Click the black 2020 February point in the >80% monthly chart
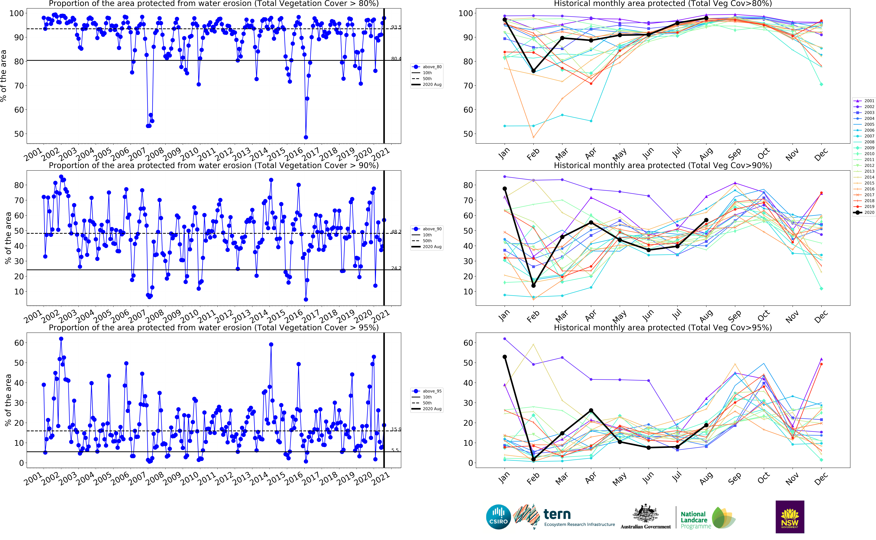click(x=533, y=71)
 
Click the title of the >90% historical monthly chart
click(x=663, y=165)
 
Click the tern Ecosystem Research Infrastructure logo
click(x=564, y=517)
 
